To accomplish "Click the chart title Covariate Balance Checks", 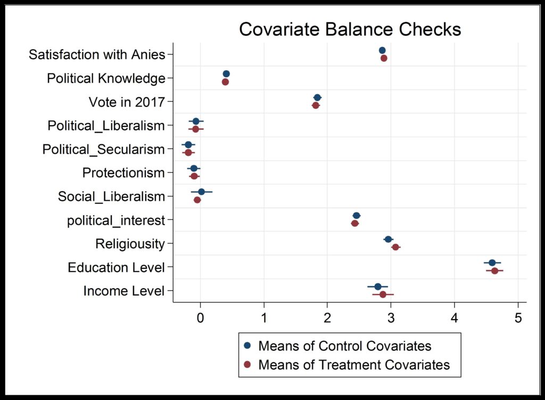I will (x=350, y=29).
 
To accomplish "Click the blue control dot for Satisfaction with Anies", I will (x=382, y=50).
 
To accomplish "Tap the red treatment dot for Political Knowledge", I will (x=225, y=82).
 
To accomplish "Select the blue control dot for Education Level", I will (x=492, y=263).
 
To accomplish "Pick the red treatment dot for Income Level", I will (x=383, y=295).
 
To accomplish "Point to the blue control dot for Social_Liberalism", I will (x=201, y=192).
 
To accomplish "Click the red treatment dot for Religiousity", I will (x=395, y=247).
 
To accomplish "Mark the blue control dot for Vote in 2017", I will (x=317, y=97).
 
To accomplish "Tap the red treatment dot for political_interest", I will (x=355, y=223).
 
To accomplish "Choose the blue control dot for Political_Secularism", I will (x=188, y=144).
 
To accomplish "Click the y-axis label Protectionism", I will (x=123, y=173).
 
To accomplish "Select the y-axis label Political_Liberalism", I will (x=106, y=126).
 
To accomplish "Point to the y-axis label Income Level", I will (x=124, y=291).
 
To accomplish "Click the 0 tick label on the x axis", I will (x=200, y=319).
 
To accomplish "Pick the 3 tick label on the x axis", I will (x=391, y=319).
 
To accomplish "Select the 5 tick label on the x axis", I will (x=518, y=319).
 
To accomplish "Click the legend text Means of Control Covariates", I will (x=344, y=346).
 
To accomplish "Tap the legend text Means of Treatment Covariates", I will (x=354, y=365).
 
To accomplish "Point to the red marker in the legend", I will (x=247, y=365).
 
